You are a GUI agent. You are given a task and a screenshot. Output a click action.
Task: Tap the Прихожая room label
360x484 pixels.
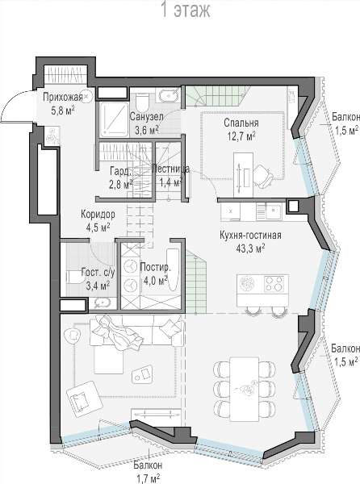point(63,97)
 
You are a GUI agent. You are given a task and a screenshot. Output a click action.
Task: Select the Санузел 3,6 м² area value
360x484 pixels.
point(147,130)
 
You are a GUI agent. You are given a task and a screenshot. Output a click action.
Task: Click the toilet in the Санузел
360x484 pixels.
point(142,102)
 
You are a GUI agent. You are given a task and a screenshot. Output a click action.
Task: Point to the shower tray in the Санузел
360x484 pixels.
point(114,119)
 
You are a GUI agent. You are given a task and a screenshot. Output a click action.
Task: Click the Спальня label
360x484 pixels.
point(241,123)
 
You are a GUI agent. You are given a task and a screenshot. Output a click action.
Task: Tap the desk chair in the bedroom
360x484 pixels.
point(263,177)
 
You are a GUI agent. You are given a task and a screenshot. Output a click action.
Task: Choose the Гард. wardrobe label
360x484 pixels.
point(121,171)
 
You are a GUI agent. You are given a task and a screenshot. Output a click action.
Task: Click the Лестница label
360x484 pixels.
point(171,169)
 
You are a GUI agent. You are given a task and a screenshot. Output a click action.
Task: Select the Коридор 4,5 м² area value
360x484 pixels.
point(98,227)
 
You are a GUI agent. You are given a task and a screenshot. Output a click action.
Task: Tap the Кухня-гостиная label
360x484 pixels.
point(250,236)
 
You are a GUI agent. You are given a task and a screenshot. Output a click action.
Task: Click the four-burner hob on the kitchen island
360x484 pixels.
point(274,284)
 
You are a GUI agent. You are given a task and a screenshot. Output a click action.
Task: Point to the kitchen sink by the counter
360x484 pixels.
point(274,211)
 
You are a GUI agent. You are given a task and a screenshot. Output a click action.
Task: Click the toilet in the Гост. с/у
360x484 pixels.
point(75,277)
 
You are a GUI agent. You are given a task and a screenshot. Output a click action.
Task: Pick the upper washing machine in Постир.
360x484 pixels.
point(130,266)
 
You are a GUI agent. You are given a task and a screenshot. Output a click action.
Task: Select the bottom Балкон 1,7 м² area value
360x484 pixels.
point(149,478)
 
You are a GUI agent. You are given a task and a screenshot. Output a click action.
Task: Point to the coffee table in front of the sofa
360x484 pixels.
point(142,373)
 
